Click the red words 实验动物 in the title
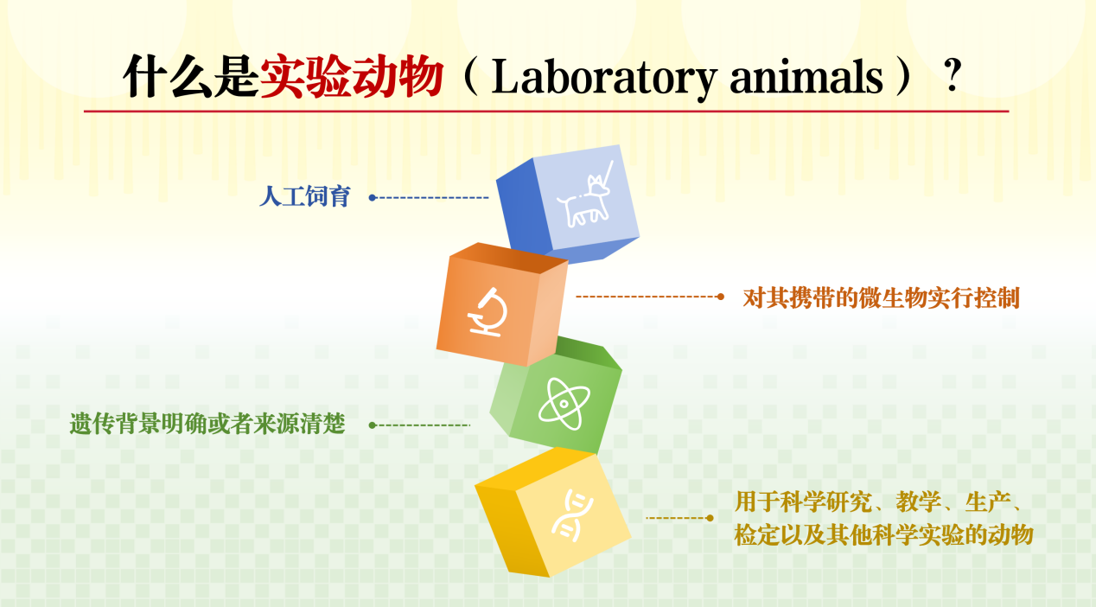[x=352, y=76]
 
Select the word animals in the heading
[x=806, y=77]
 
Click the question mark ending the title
[x=953, y=75]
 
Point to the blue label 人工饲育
[x=304, y=197]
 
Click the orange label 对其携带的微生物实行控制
[x=881, y=297]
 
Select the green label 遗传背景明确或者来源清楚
[x=207, y=424]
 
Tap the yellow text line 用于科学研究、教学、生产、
[x=878, y=502]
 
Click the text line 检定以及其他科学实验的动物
[x=883, y=535]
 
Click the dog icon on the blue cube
[x=584, y=195]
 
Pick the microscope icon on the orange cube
[x=487, y=312]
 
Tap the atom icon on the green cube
[x=564, y=404]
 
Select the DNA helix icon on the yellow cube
[x=571, y=515]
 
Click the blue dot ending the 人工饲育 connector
[x=372, y=198]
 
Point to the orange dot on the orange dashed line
[x=720, y=297]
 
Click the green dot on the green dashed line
[x=373, y=425]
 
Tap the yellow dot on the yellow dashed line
[x=710, y=518]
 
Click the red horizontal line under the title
[x=546, y=112]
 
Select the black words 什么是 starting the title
[x=191, y=76]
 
